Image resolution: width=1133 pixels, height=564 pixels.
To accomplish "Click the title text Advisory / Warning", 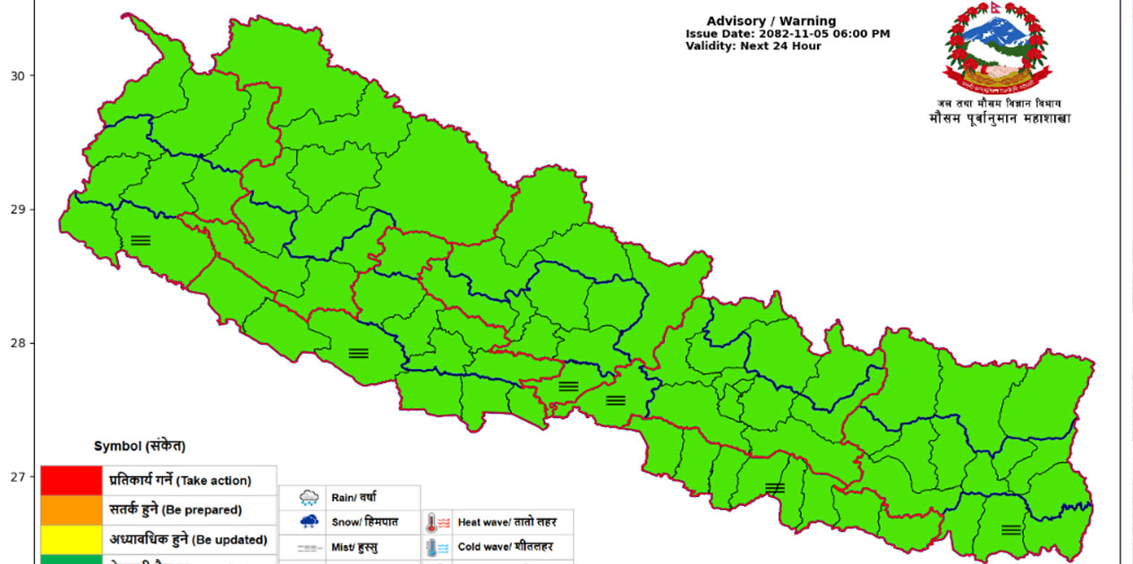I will (x=771, y=21).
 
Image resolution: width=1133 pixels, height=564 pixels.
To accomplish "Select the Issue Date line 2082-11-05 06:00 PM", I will (x=788, y=34).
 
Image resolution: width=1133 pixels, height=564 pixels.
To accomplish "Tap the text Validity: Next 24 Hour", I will (x=753, y=47).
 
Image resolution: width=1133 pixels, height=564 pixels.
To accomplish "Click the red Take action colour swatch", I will (x=71, y=481).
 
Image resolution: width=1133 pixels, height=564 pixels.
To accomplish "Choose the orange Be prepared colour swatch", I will (x=71, y=510).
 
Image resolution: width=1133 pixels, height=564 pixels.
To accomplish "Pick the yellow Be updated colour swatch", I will (x=71, y=540).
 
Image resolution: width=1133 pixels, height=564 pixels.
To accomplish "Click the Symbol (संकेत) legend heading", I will (x=140, y=446).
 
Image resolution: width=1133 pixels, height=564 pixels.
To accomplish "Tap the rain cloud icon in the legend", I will (x=310, y=498).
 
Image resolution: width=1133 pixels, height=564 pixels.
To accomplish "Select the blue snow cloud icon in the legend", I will (x=310, y=521).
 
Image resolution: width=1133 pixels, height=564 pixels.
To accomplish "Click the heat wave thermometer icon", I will (x=438, y=522).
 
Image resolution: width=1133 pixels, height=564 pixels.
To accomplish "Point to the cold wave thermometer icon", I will (x=438, y=547).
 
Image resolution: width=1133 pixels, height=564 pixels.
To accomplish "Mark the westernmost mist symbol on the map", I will (x=141, y=240).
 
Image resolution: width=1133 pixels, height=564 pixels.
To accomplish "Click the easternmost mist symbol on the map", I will (x=1011, y=530).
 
